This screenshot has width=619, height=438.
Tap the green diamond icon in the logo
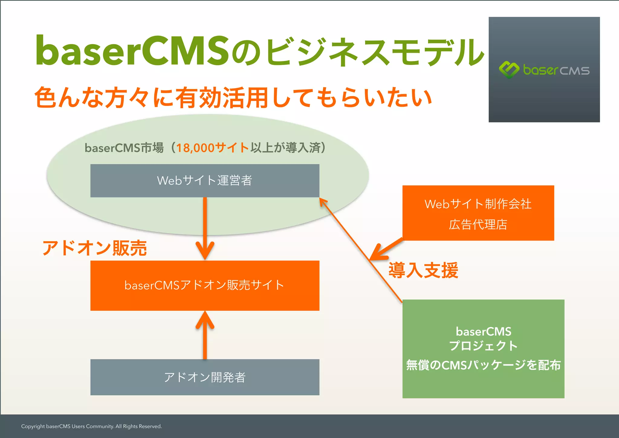[509, 70]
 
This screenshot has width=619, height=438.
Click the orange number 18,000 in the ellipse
[195, 148]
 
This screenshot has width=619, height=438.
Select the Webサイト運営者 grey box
[205, 180]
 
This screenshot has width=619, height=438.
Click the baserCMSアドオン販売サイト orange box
[205, 285]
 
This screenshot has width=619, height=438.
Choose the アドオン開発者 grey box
[205, 377]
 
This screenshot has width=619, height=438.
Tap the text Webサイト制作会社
[478, 204]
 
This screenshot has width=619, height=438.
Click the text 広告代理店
[478, 224]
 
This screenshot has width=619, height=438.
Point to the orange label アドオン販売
[95, 248]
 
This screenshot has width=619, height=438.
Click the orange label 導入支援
[423, 270]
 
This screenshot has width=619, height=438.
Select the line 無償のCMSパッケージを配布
[483, 365]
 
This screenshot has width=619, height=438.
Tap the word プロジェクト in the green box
[483, 346]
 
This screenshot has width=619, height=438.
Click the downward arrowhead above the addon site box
[205, 251]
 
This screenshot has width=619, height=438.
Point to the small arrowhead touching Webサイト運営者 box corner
[322, 202]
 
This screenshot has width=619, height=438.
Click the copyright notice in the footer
[91, 426]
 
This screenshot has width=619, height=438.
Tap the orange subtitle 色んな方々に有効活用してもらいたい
[233, 98]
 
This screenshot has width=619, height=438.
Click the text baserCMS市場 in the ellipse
[124, 148]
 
